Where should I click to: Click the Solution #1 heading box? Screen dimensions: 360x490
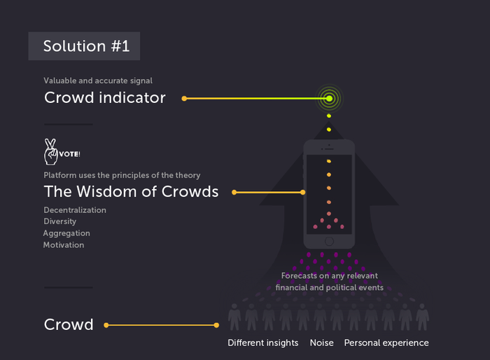[84, 46]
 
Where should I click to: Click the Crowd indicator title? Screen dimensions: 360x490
[105, 98]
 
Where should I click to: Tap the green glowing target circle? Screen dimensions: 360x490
[328, 99]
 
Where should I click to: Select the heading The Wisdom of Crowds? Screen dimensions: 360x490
[131, 192]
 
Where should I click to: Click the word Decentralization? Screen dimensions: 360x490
[75, 210]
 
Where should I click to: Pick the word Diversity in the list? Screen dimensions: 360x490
[60, 221]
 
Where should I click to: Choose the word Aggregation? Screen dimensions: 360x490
[66, 233]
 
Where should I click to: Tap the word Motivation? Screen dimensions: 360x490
[64, 245]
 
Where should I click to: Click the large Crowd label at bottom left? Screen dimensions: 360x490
[69, 325]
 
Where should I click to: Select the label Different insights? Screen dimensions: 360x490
[263, 343]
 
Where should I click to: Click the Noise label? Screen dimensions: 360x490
[321, 343]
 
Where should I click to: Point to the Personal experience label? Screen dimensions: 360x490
[386, 343]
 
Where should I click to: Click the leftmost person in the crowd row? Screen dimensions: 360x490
[234, 317]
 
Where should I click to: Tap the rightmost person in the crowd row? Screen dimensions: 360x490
[422, 317]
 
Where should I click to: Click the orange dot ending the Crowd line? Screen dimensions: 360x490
[216, 325]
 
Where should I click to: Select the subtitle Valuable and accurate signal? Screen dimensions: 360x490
[98, 81]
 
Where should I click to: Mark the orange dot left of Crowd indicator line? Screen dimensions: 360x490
[184, 99]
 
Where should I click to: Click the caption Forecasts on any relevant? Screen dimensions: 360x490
[330, 276]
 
